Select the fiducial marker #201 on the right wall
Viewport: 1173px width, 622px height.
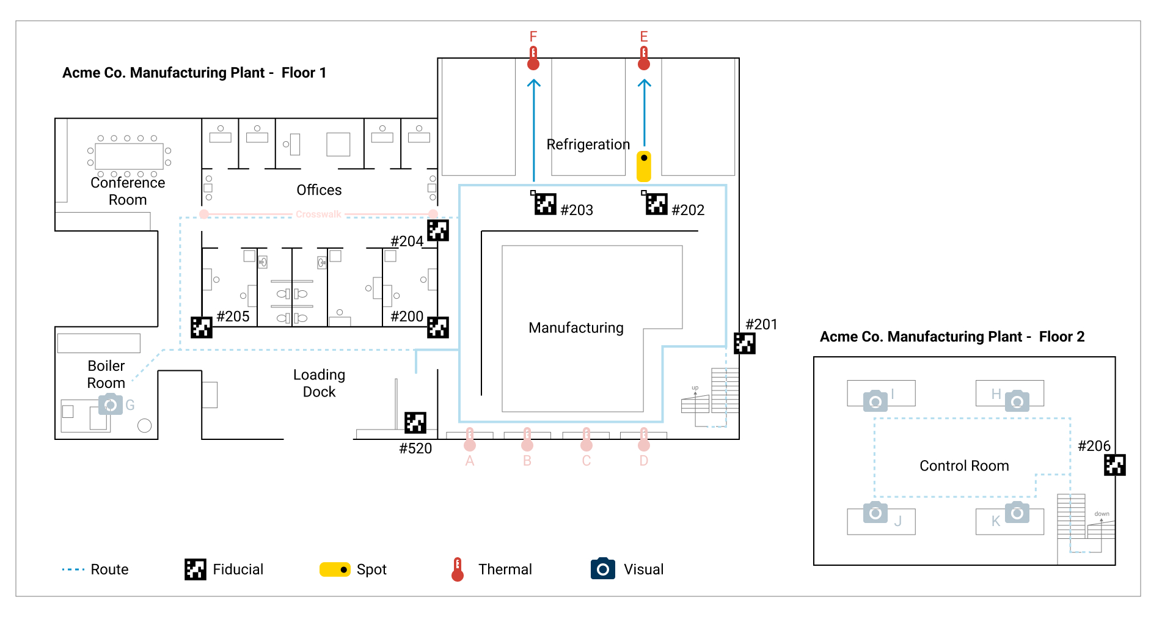click(744, 343)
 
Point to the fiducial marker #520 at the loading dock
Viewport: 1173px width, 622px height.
click(415, 422)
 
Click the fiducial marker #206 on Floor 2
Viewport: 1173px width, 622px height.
click(1114, 465)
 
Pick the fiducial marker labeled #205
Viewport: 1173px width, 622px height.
click(201, 327)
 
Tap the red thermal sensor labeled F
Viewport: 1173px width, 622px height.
click(533, 59)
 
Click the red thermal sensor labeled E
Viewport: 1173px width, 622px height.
click(644, 59)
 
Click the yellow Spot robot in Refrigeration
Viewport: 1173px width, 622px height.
click(644, 166)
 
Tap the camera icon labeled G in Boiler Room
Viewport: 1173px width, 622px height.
click(111, 404)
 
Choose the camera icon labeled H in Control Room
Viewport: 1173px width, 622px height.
click(1017, 400)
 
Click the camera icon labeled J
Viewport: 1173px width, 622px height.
click(875, 513)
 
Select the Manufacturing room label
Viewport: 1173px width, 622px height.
click(576, 328)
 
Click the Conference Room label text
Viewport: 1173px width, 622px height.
click(128, 191)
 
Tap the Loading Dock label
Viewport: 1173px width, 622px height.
click(319, 383)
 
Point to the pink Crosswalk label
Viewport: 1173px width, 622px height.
click(318, 214)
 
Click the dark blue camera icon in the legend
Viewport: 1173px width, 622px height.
click(602, 569)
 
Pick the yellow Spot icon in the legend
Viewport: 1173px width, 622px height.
click(335, 569)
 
